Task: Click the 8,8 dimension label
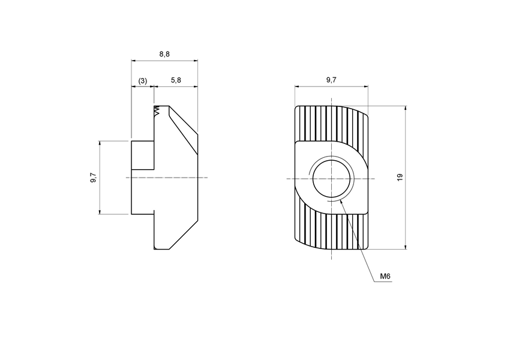coord(164,54)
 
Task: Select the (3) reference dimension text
coord(143,80)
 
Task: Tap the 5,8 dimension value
coord(176,80)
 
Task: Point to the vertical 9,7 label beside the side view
coord(92,178)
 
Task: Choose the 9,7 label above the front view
coord(331,80)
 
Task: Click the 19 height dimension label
coord(400,178)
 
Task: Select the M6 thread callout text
coord(385,277)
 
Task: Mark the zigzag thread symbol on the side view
coord(158,112)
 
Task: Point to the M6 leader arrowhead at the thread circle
coord(341,202)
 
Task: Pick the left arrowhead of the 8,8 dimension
coord(133,61)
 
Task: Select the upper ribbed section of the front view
coord(330,123)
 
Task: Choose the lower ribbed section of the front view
coord(330,231)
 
